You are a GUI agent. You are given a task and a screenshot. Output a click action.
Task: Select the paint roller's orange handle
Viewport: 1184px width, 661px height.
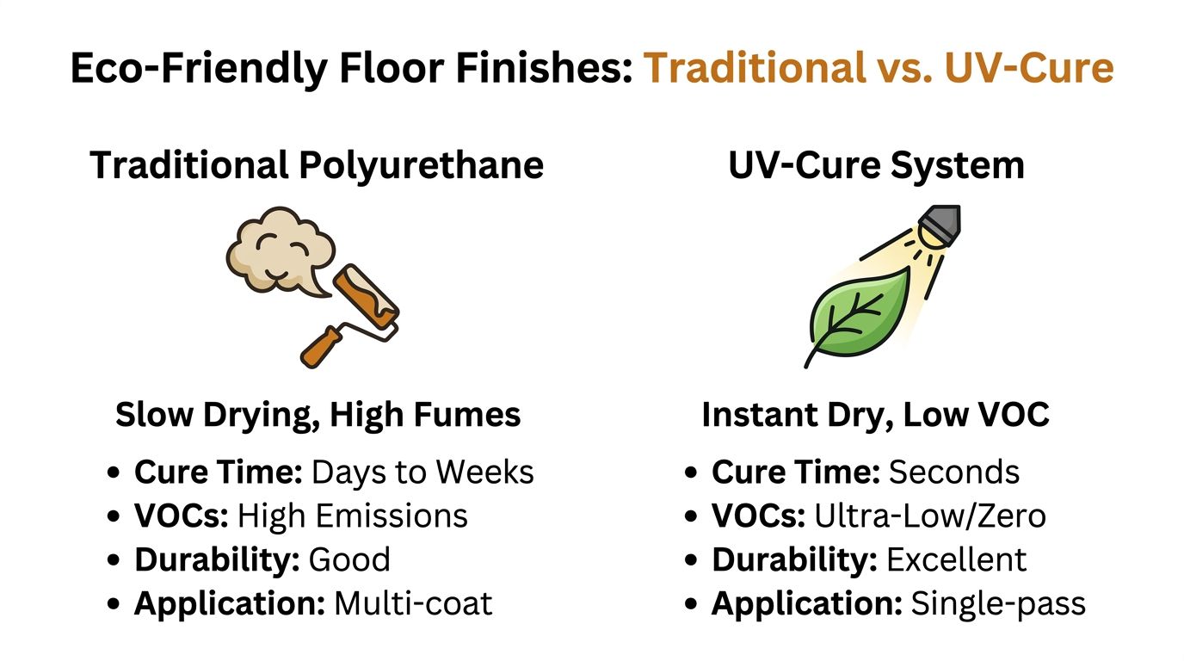[323, 343]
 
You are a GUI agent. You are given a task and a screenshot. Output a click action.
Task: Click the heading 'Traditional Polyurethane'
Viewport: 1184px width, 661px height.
[317, 164]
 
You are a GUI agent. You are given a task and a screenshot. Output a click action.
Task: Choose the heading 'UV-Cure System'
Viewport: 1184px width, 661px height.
[876, 164]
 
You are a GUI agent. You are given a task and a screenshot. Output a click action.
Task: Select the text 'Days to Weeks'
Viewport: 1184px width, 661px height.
[422, 472]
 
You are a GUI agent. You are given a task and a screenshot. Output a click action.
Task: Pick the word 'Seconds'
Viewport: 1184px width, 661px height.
[953, 472]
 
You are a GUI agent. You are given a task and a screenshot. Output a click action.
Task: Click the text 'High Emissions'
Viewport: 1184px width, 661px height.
[352, 516]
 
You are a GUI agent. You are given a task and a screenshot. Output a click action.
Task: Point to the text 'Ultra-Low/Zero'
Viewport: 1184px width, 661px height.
[929, 516]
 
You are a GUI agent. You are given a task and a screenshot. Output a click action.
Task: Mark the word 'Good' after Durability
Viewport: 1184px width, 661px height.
[349, 559]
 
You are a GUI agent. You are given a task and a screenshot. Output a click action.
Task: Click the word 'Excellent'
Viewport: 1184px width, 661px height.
[956, 559]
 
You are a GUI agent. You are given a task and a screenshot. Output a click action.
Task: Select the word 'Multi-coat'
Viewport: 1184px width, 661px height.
[413, 603]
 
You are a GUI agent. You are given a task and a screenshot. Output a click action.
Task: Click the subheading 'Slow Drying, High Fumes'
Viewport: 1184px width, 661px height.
[318, 415]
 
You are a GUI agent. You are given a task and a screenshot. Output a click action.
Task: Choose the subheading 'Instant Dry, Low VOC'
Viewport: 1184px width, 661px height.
[875, 415]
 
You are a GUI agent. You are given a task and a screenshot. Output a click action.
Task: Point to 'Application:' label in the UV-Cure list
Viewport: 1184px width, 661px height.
[806, 603]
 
